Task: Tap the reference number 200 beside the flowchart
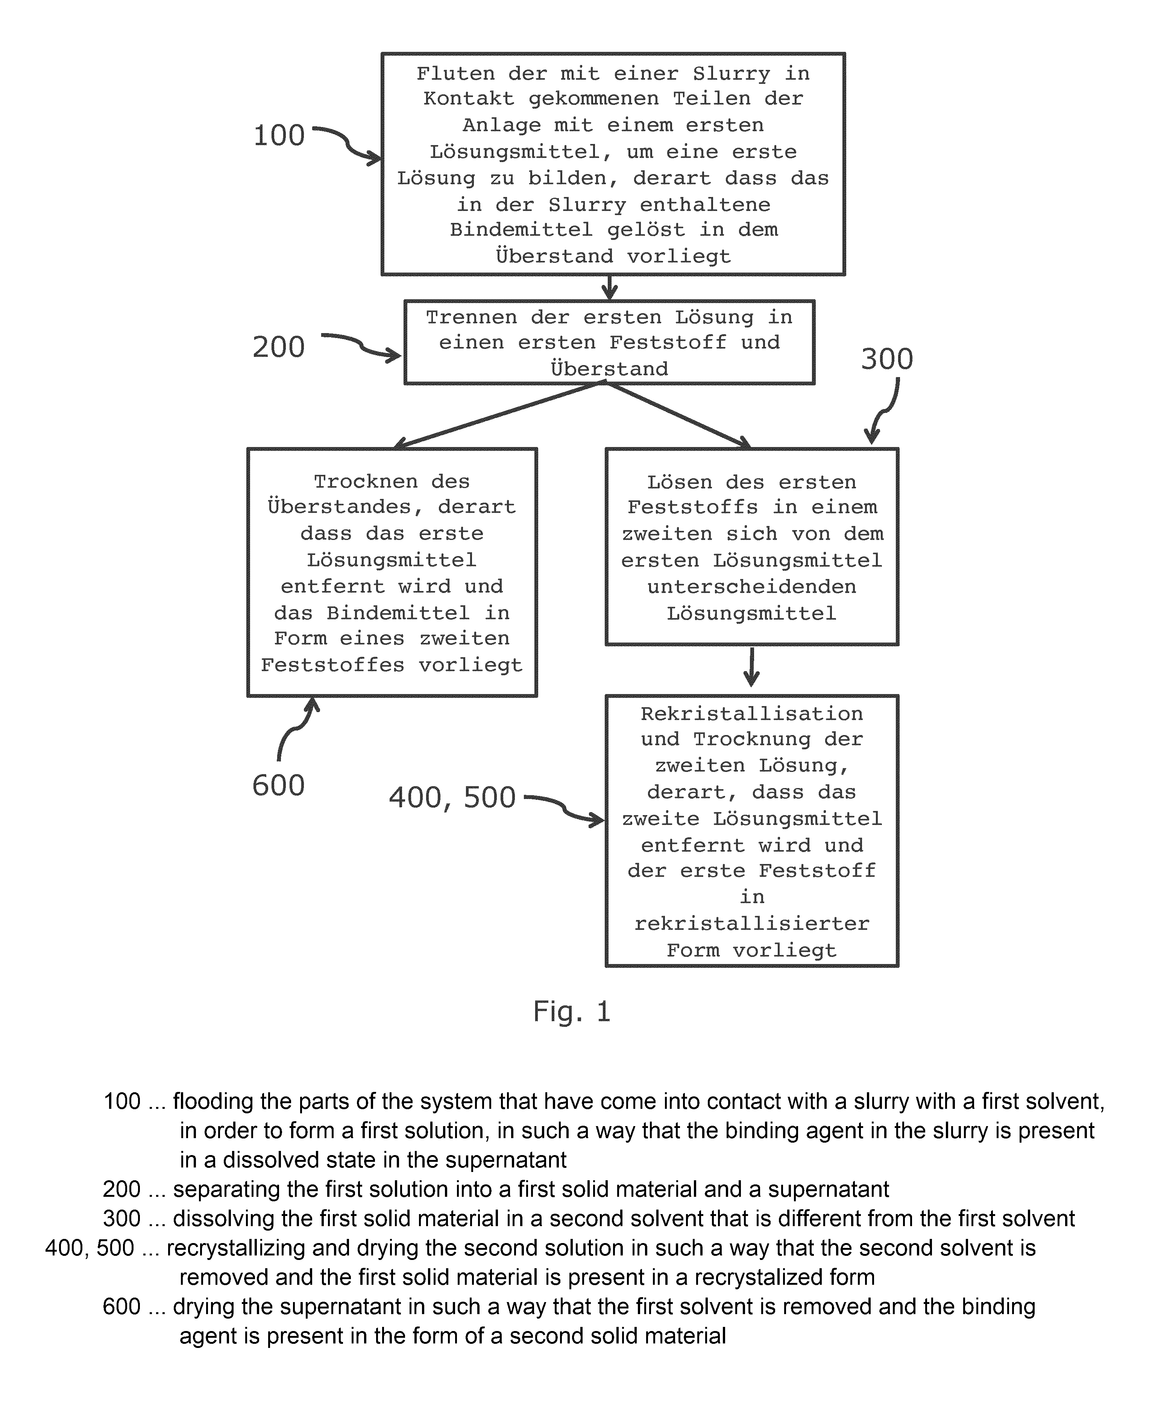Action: [x=279, y=347]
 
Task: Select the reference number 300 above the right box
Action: [x=886, y=359]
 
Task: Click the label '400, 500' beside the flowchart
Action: [x=452, y=798]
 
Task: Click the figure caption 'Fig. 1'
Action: [x=572, y=1011]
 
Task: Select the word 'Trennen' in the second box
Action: [x=471, y=317]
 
